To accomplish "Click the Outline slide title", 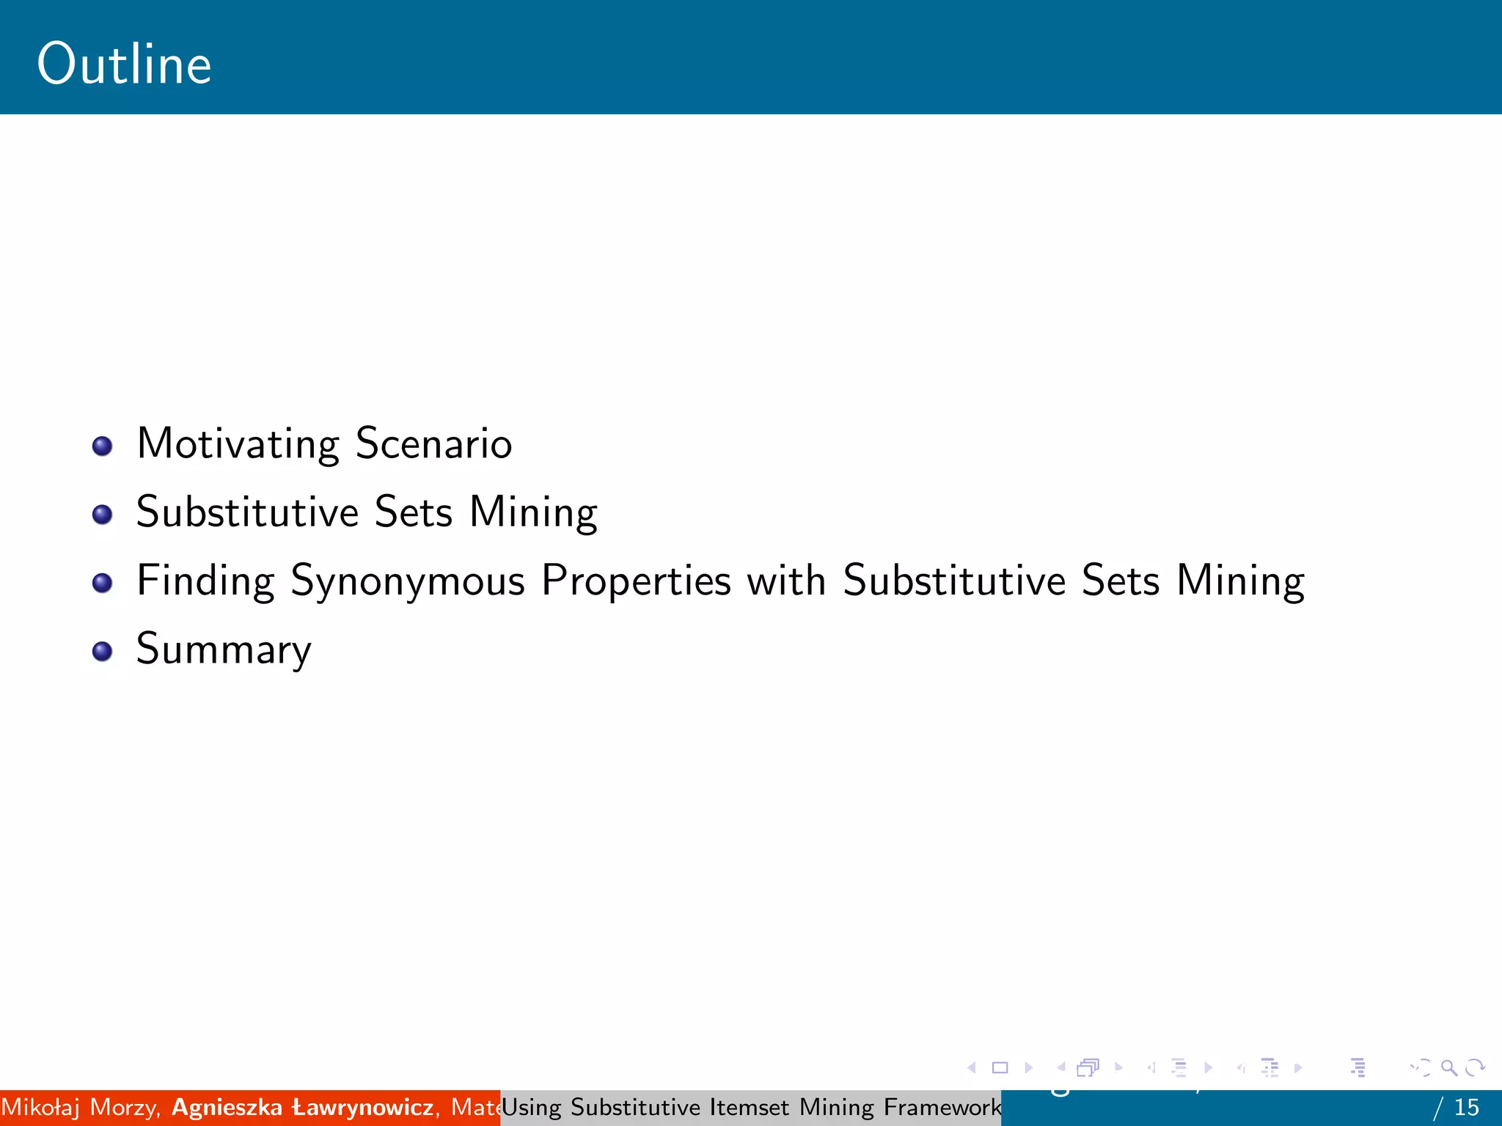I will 124,65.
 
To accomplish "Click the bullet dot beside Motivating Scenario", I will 103,446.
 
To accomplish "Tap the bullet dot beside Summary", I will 103,651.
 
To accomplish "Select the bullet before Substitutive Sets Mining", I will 103,514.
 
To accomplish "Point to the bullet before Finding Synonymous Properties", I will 103,583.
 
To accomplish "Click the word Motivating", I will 238,444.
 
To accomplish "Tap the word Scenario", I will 433,444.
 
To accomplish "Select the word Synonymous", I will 408,581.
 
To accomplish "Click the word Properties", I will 636,581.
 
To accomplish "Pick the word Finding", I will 205,581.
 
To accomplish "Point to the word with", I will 786,581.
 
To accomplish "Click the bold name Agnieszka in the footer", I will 227,1107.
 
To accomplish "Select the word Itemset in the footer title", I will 750,1107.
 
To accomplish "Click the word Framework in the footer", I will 942,1107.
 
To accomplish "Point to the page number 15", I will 1467,1107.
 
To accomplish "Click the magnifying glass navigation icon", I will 1448,1068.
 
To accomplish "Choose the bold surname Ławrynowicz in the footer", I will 362,1107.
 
